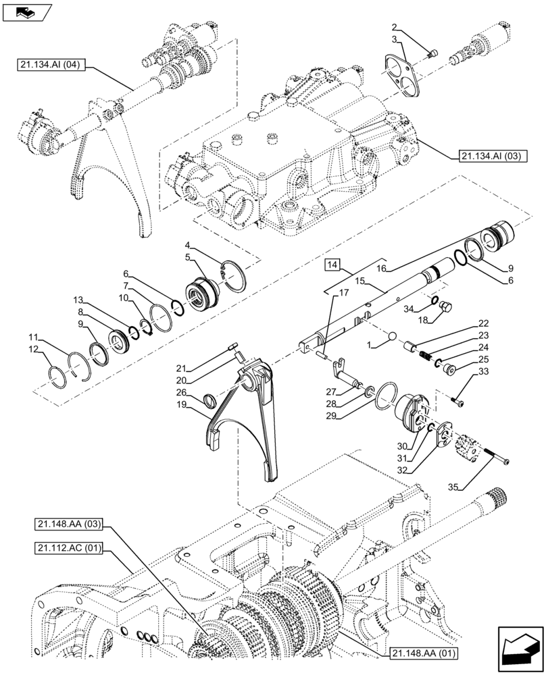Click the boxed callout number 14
pos(332,265)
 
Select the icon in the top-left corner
pos(31,11)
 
